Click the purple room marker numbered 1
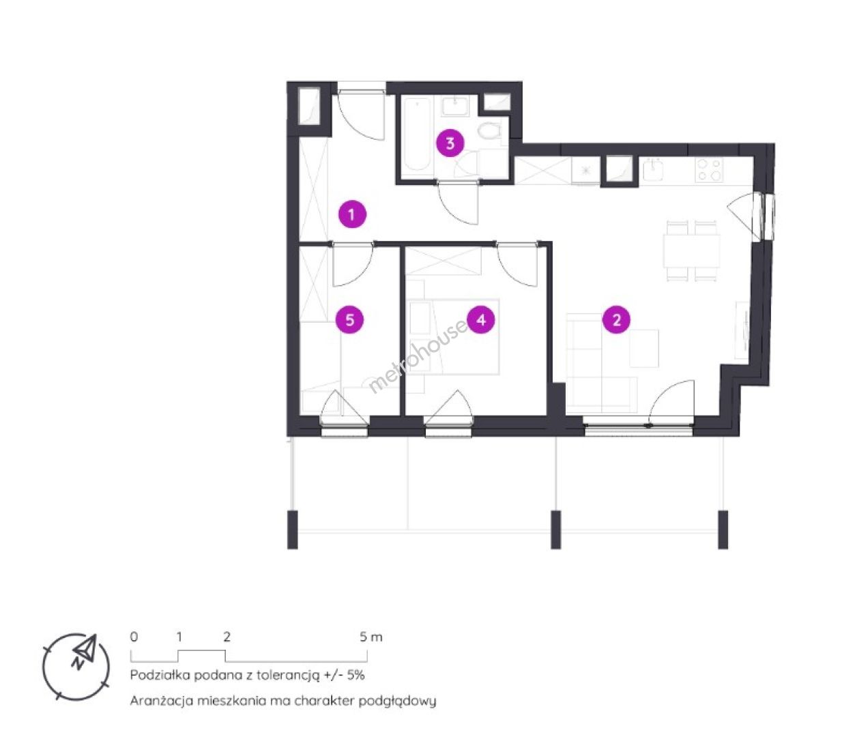(x=351, y=214)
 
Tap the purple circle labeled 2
(x=616, y=319)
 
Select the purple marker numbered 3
(x=450, y=143)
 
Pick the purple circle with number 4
(x=481, y=319)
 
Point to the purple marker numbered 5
(x=349, y=319)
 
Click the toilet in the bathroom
(x=490, y=132)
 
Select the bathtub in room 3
(x=417, y=134)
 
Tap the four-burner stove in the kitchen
(x=709, y=169)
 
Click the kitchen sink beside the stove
(x=652, y=169)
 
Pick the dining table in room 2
(x=691, y=251)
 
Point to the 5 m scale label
(x=371, y=637)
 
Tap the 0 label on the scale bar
(x=134, y=637)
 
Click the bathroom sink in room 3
(x=456, y=106)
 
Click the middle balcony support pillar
(x=555, y=530)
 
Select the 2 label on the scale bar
(x=227, y=637)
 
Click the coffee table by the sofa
(x=644, y=348)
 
